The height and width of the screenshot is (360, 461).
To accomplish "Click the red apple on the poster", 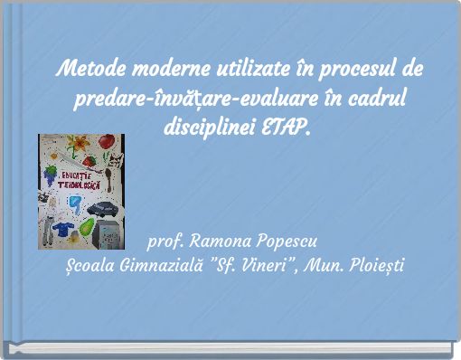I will coord(107,142).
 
